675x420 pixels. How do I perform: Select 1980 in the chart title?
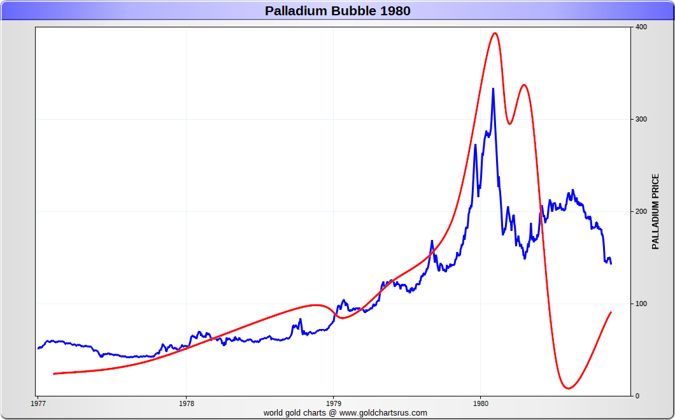[x=396, y=11]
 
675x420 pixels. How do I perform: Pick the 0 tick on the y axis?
[x=637, y=396]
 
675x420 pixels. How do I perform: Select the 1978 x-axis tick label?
[x=186, y=403]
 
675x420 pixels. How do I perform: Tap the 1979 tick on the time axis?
[x=334, y=403]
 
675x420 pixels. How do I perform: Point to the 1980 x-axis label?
[x=481, y=403]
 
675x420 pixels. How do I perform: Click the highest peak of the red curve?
[x=495, y=33]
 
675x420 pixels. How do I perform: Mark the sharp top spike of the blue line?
[x=493, y=89]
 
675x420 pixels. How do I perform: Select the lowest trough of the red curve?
[x=567, y=388]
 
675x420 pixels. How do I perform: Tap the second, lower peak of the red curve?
[x=523, y=85]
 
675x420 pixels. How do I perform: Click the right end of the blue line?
[x=611, y=263]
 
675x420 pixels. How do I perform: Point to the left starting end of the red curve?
[x=54, y=374]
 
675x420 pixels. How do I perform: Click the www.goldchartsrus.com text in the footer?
[x=383, y=412]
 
